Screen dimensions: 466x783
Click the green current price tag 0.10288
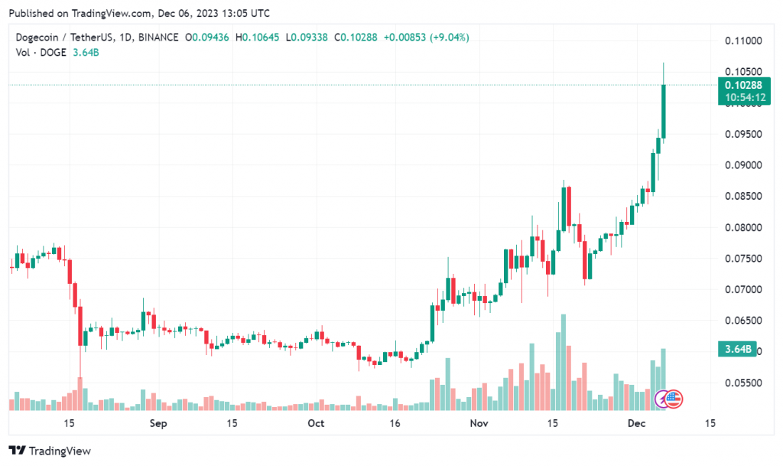click(x=738, y=86)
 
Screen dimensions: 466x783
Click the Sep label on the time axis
click(x=158, y=423)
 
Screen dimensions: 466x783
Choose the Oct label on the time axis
click(x=315, y=423)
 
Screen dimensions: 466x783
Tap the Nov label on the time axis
click(x=479, y=423)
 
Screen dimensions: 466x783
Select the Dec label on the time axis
click(x=636, y=423)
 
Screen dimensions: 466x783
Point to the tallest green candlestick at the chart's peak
click(x=664, y=112)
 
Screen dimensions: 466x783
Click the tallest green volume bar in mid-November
click(x=563, y=360)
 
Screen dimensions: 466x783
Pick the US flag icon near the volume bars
click(x=674, y=398)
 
